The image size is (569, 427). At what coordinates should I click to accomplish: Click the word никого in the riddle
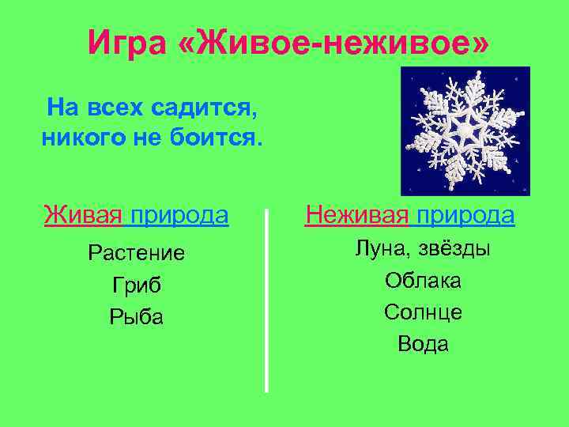(x=83, y=139)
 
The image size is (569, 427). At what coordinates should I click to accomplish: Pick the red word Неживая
(x=356, y=215)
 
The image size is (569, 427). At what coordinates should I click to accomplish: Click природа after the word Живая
(x=179, y=215)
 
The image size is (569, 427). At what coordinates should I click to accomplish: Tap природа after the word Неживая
(x=466, y=215)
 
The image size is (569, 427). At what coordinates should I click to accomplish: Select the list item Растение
(x=137, y=253)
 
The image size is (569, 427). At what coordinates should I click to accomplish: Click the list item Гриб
(x=137, y=285)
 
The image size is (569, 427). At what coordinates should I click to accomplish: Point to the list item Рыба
(x=137, y=317)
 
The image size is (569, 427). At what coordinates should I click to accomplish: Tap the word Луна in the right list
(x=379, y=249)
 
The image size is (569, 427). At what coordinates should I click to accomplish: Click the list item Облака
(x=424, y=281)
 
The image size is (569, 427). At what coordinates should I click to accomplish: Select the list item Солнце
(x=424, y=312)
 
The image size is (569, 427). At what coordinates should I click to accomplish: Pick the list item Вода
(x=424, y=344)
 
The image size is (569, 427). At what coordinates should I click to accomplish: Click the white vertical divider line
(x=266, y=300)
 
